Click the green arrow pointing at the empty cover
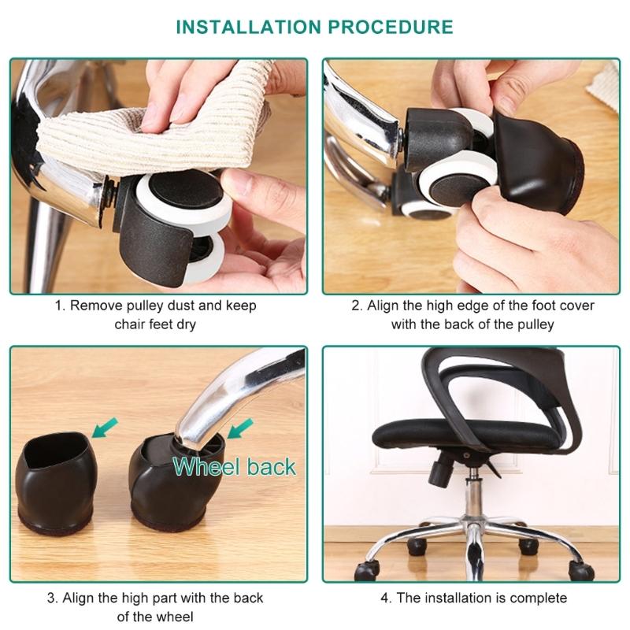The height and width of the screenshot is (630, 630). [103, 426]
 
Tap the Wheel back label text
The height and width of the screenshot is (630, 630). [235, 465]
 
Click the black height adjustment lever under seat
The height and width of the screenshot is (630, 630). [435, 471]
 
